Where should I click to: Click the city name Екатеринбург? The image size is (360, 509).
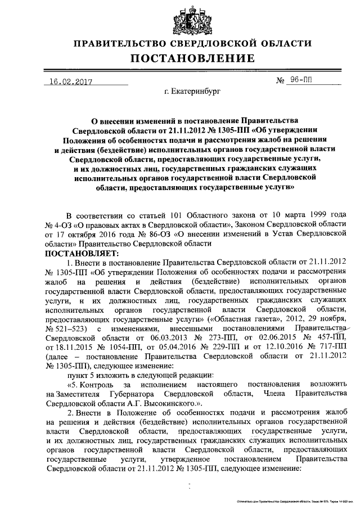coord(189,90)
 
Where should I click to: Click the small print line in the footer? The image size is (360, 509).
coord(293,500)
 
